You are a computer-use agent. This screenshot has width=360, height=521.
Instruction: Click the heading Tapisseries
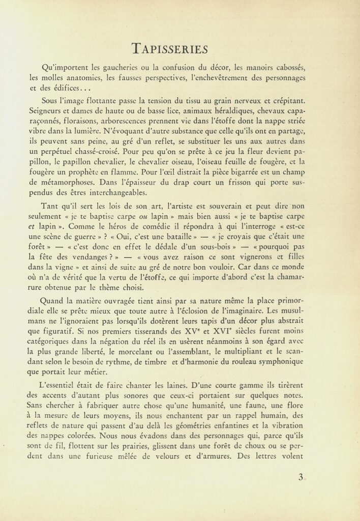pos(169,48)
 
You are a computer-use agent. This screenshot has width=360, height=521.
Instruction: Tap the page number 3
pos(301,477)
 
